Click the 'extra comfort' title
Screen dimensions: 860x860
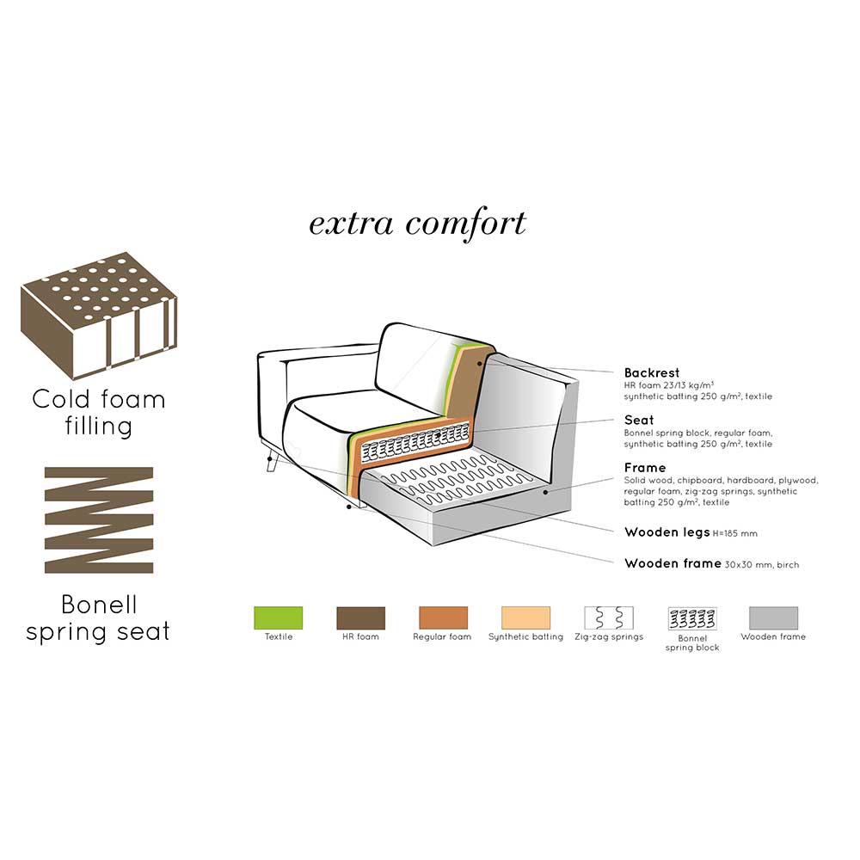[x=417, y=224]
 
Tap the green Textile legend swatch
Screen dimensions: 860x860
[x=278, y=617]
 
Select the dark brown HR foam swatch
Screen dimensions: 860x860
[x=360, y=617]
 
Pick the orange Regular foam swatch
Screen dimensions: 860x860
[x=443, y=617]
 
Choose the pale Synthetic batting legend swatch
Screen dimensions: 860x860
[x=525, y=617]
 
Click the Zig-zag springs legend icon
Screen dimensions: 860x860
[x=609, y=617]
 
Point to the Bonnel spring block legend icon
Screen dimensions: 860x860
[x=692, y=618]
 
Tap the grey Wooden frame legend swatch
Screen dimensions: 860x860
[x=773, y=617]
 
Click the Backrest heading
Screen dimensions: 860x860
[x=652, y=373]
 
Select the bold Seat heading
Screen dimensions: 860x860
[x=639, y=421]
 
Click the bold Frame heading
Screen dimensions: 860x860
[x=645, y=468]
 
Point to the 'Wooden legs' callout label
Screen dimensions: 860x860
[x=667, y=532]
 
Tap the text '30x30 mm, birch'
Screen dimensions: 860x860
[x=762, y=564]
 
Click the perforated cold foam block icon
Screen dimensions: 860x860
[x=99, y=316]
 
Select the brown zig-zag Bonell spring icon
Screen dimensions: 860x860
[x=99, y=520]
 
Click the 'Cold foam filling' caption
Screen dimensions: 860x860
[x=99, y=413]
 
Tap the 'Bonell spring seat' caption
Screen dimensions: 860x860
[x=98, y=618]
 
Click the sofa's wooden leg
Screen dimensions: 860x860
[x=271, y=462]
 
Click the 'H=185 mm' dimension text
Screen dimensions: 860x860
[x=735, y=533]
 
